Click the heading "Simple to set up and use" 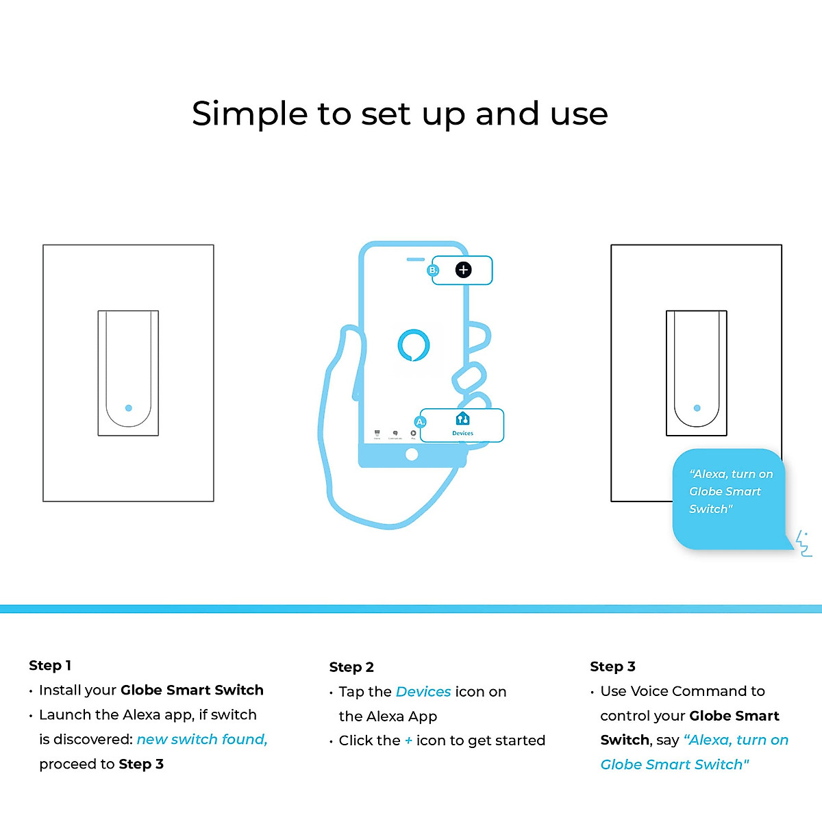(x=399, y=114)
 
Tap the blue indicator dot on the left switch (x=129, y=408)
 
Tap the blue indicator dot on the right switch (x=697, y=408)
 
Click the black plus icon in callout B (x=464, y=270)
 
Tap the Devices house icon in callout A (x=462, y=419)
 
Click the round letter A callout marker (x=421, y=422)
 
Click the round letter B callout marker (x=433, y=271)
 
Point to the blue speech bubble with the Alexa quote (x=728, y=499)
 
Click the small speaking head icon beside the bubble (x=804, y=543)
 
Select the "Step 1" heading (x=50, y=665)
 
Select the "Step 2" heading (x=351, y=667)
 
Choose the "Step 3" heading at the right (x=612, y=667)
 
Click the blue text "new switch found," (x=202, y=740)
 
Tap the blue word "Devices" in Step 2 (x=423, y=692)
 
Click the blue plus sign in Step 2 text (x=408, y=740)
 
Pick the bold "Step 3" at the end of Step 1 (x=141, y=764)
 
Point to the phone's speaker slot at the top (x=415, y=260)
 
